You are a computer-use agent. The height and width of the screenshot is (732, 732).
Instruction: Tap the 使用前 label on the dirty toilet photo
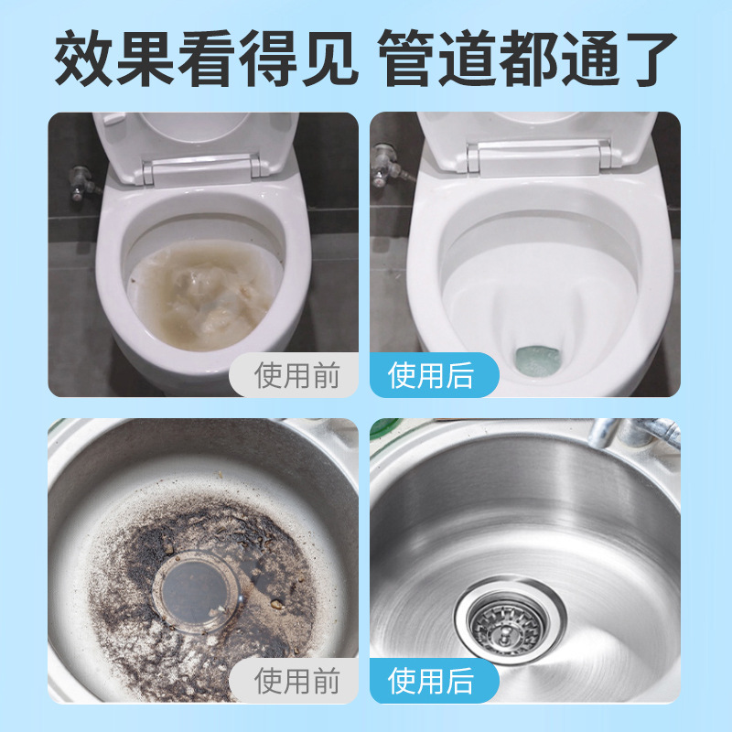coord(296,375)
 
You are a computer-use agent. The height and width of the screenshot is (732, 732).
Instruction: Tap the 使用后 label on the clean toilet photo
coord(431,375)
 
